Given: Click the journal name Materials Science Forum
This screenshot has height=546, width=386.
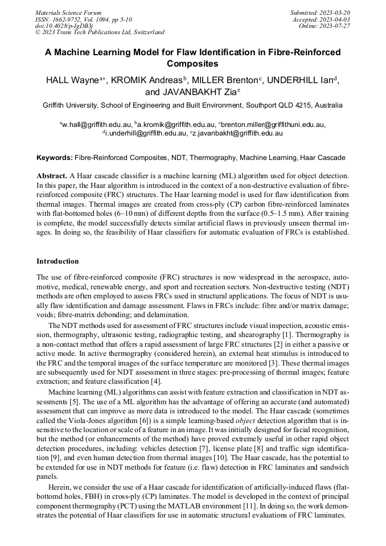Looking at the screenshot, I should click(68, 13).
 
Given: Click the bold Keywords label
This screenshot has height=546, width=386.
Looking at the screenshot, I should click(55, 157).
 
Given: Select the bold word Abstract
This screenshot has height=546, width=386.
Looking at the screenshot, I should click(52, 176).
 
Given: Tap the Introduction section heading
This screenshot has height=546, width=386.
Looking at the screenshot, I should click(58, 261).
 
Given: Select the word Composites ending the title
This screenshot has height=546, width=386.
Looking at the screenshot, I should click(193, 64).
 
